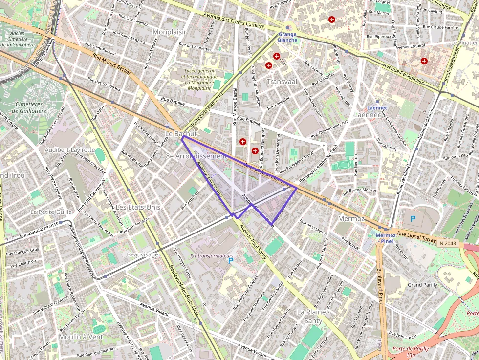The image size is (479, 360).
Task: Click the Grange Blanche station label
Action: tap(287, 37)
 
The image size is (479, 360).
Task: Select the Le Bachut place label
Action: tap(181, 133)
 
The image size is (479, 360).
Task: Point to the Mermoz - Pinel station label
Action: tap(386, 238)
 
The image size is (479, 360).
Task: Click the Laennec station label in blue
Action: tap(377, 107)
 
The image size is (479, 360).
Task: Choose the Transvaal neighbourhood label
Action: tap(282, 82)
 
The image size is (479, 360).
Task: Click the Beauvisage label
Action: tap(143, 254)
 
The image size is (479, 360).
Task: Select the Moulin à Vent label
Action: tap(81, 337)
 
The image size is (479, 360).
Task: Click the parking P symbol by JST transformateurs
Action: tap(231, 261)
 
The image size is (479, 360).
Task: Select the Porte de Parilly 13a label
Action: tap(411, 352)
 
